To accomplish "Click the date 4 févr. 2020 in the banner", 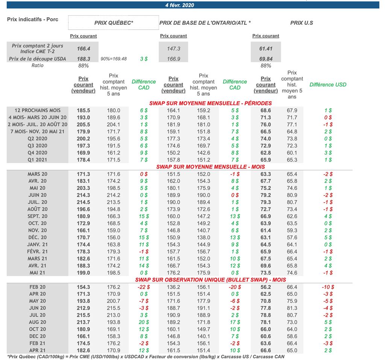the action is tap(179, 5).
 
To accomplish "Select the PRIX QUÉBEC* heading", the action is tap(114, 23).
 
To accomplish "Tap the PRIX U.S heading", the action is tap(302, 23).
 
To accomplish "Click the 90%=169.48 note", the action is tap(114, 59).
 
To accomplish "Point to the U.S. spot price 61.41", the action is tap(266, 48).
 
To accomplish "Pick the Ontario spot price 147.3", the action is tap(174, 48).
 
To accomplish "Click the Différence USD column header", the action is tap(328, 85).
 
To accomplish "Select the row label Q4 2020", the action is tap(37, 153).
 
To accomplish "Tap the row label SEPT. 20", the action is tap(37, 216).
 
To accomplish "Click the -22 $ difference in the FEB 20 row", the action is tap(144, 287).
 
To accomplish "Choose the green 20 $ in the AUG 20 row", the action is tap(144, 322).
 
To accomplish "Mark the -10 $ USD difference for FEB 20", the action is tap(328, 287).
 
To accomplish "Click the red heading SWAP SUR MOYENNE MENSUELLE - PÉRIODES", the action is tap(211, 103).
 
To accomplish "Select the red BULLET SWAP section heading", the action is tap(211, 280).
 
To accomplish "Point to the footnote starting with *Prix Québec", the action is tap(146, 357).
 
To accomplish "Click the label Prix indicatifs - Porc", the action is tap(33, 20).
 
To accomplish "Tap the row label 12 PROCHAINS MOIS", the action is tap(37, 110).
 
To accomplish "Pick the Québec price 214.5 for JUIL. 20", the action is tap(83, 202).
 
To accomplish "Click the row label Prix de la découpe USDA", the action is tap(37, 59).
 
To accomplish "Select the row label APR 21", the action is tap(37, 351).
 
